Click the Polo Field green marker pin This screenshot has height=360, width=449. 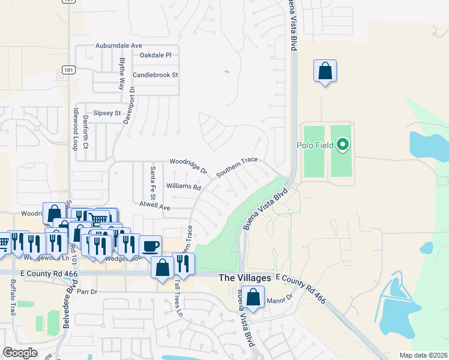(343, 145)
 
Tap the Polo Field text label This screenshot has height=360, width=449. (316, 145)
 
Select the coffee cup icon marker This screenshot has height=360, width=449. (150, 245)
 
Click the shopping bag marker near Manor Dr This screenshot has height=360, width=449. (253, 297)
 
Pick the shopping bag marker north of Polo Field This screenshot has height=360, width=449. (325, 71)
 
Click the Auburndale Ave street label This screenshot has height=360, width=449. (119, 46)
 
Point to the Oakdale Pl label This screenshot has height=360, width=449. (155, 55)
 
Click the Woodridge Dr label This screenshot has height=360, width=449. (188, 165)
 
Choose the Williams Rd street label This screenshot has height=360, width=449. (184, 187)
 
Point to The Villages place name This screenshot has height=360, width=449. (244, 278)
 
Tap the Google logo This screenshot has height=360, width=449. (20, 352)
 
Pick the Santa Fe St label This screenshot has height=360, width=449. (153, 182)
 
